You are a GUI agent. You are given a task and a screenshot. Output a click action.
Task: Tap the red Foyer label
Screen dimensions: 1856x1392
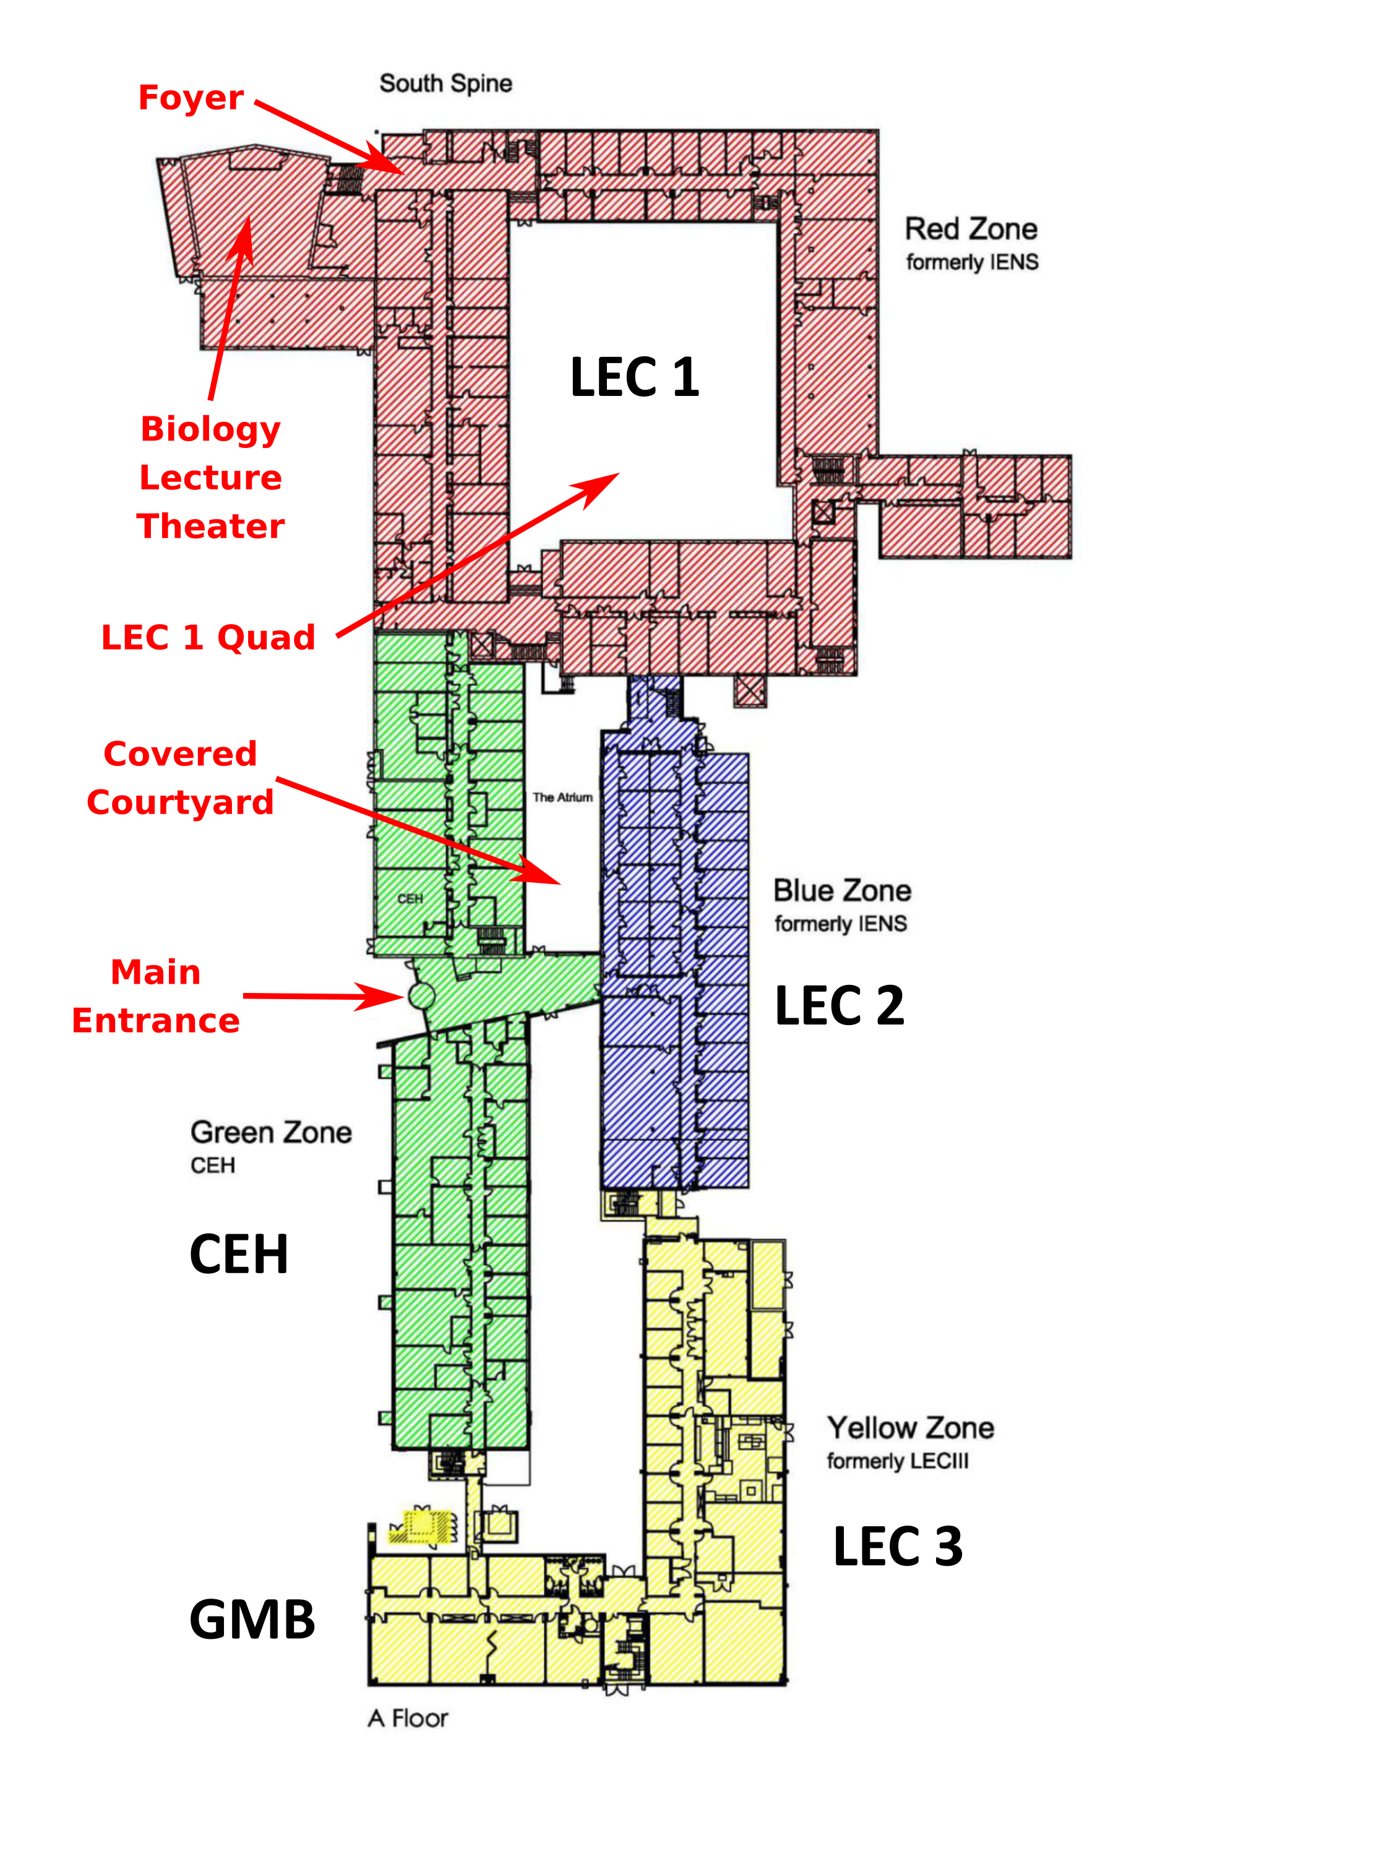[191, 98]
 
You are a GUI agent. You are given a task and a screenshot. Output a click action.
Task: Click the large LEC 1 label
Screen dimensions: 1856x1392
[634, 377]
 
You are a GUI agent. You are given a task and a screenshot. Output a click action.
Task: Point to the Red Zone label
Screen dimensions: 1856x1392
[971, 229]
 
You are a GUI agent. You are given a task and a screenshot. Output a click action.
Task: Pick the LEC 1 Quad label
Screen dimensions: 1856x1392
[208, 638]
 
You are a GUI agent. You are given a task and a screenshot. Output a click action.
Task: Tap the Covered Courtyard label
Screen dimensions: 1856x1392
[181, 778]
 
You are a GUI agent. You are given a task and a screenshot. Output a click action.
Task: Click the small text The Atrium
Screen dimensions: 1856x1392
[562, 797]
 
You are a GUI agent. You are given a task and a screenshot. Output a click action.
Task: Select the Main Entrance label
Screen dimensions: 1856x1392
[156, 996]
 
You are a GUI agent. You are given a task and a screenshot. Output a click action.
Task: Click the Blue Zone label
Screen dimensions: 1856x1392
[841, 890]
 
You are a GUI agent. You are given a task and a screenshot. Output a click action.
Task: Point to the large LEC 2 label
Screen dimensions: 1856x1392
[839, 1005]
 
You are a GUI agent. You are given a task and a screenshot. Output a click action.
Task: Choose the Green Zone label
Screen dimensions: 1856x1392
[271, 1133]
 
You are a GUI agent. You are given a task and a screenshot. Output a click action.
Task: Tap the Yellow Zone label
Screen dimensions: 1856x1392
[911, 1428]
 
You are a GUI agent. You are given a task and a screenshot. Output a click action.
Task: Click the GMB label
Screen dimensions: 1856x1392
[252, 1620]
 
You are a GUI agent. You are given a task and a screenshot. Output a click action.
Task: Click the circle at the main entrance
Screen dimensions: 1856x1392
[421, 996]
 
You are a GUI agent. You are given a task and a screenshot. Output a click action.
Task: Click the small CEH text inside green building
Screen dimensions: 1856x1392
[410, 899]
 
